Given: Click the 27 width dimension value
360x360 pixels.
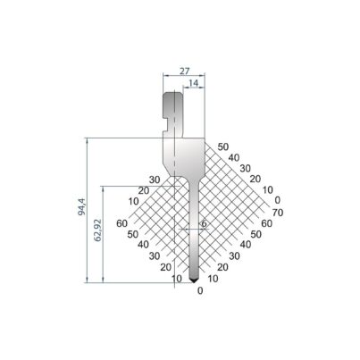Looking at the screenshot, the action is coord(185,71).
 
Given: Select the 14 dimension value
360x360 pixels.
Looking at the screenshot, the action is coord(194,83).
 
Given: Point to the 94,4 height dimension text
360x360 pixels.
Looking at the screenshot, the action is coord(82,206).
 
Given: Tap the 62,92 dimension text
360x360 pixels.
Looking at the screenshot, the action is coord(98,230).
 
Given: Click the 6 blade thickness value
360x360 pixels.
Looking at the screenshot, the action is coord(204,223).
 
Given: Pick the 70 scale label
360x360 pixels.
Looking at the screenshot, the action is coord(278,213).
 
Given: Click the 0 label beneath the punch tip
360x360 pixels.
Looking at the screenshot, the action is coord(200,290).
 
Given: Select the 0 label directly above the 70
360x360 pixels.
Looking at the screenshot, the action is coord(278,200).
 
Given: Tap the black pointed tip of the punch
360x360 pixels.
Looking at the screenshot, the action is coord(194,280).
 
